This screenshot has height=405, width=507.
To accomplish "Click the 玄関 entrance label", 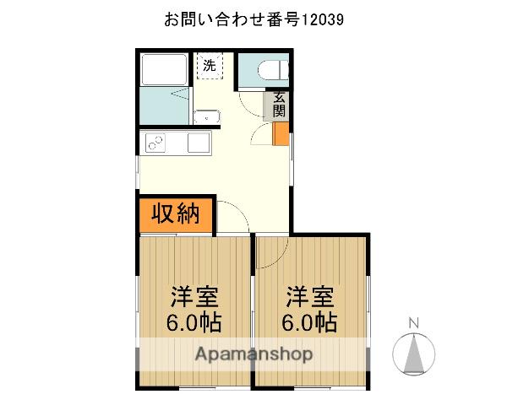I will [279, 105].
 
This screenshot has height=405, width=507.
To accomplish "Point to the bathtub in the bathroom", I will [165, 70].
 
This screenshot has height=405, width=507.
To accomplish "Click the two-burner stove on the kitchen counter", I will [156, 143].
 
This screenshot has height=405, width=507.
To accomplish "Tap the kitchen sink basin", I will [199, 143].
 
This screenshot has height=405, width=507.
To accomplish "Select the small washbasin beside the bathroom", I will [205, 117].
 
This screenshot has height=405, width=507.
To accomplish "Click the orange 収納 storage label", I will [175, 214].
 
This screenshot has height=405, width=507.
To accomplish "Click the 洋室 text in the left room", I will [196, 297].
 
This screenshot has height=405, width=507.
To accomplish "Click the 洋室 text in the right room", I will [310, 297].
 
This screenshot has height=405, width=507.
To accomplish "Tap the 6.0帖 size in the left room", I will [196, 322].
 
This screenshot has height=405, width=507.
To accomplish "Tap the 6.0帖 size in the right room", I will [310, 322].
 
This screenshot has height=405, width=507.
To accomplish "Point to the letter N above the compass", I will [414, 322].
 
